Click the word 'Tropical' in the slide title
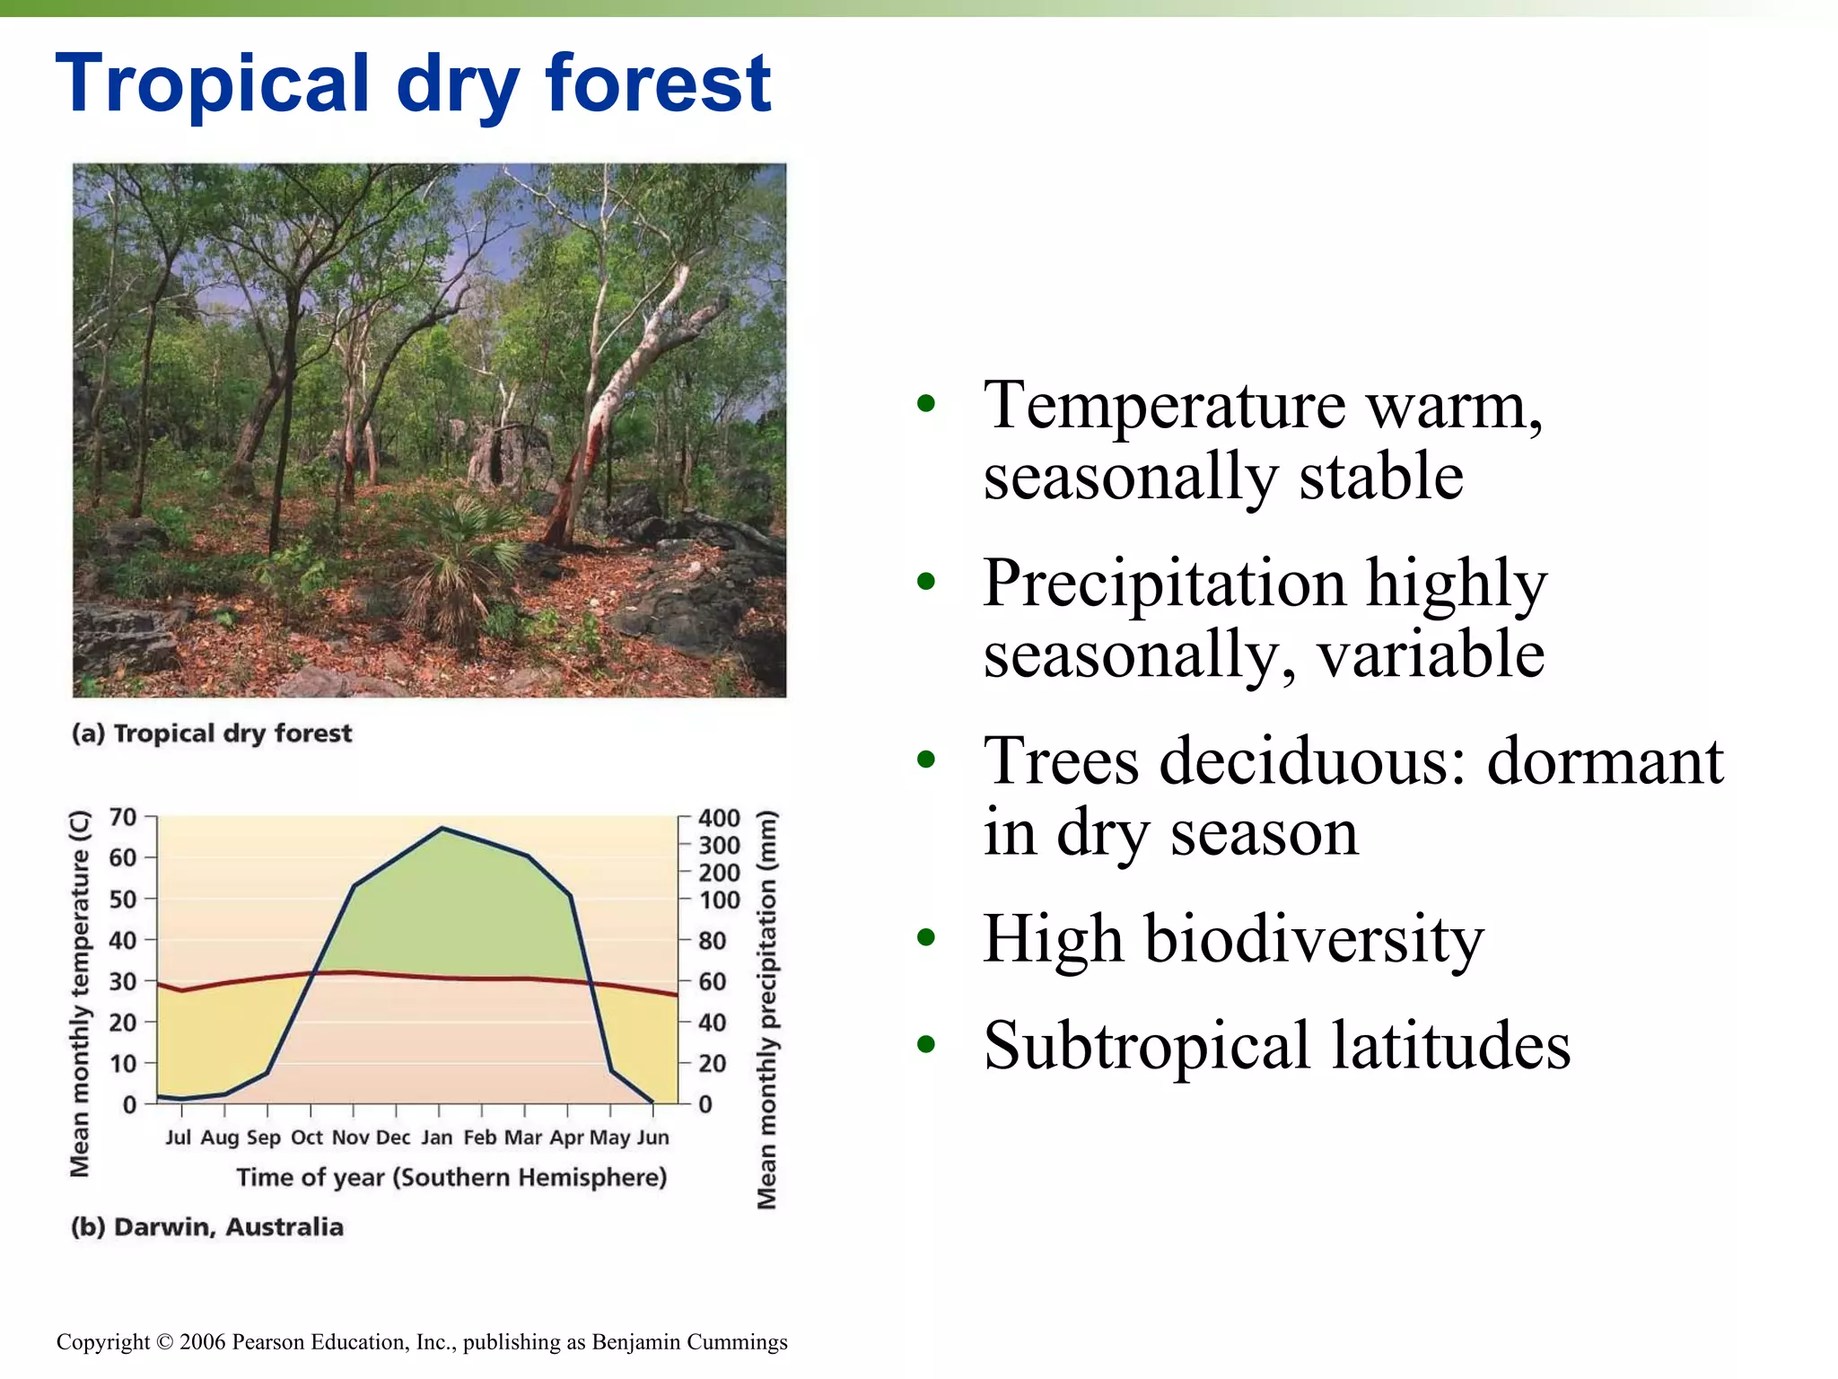click(x=212, y=85)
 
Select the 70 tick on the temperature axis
click(x=123, y=817)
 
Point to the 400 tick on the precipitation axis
click(x=719, y=818)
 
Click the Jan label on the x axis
click(x=437, y=1137)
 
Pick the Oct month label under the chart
click(x=307, y=1137)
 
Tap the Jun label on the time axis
click(x=652, y=1137)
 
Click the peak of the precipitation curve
click(x=442, y=828)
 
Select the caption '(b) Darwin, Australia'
click(x=207, y=1226)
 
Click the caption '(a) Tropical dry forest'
click(x=212, y=733)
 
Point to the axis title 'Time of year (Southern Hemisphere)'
click(x=451, y=1177)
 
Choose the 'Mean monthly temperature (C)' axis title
click(x=80, y=993)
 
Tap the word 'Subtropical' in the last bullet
click(x=1147, y=1046)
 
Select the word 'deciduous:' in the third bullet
click(x=1312, y=761)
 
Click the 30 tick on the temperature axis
click(x=123, y=981)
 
